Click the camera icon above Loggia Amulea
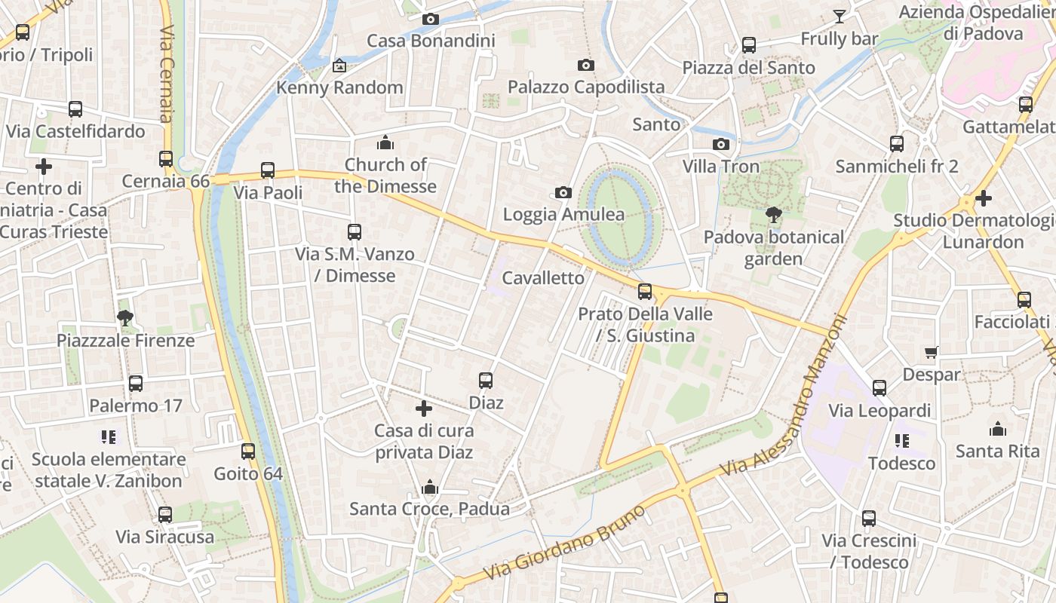[563, 193]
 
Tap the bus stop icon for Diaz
[486, 381]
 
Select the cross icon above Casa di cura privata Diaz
[424, 409]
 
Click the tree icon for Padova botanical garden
[773, 215]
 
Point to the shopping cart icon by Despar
[932, 352]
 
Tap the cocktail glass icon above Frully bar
[839, 16]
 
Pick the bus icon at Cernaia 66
[166, 159]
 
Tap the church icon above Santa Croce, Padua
[430, 487]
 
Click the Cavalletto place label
[543, 278]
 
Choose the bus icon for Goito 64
[248, 451]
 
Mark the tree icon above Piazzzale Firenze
[125, 318]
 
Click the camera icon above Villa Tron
[721, 144]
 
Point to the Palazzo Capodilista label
[586, 87]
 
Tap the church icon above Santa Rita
[997, 429]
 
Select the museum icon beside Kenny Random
[339, 66]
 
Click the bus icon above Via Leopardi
[879, 388]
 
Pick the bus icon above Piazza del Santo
[748, 45]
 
